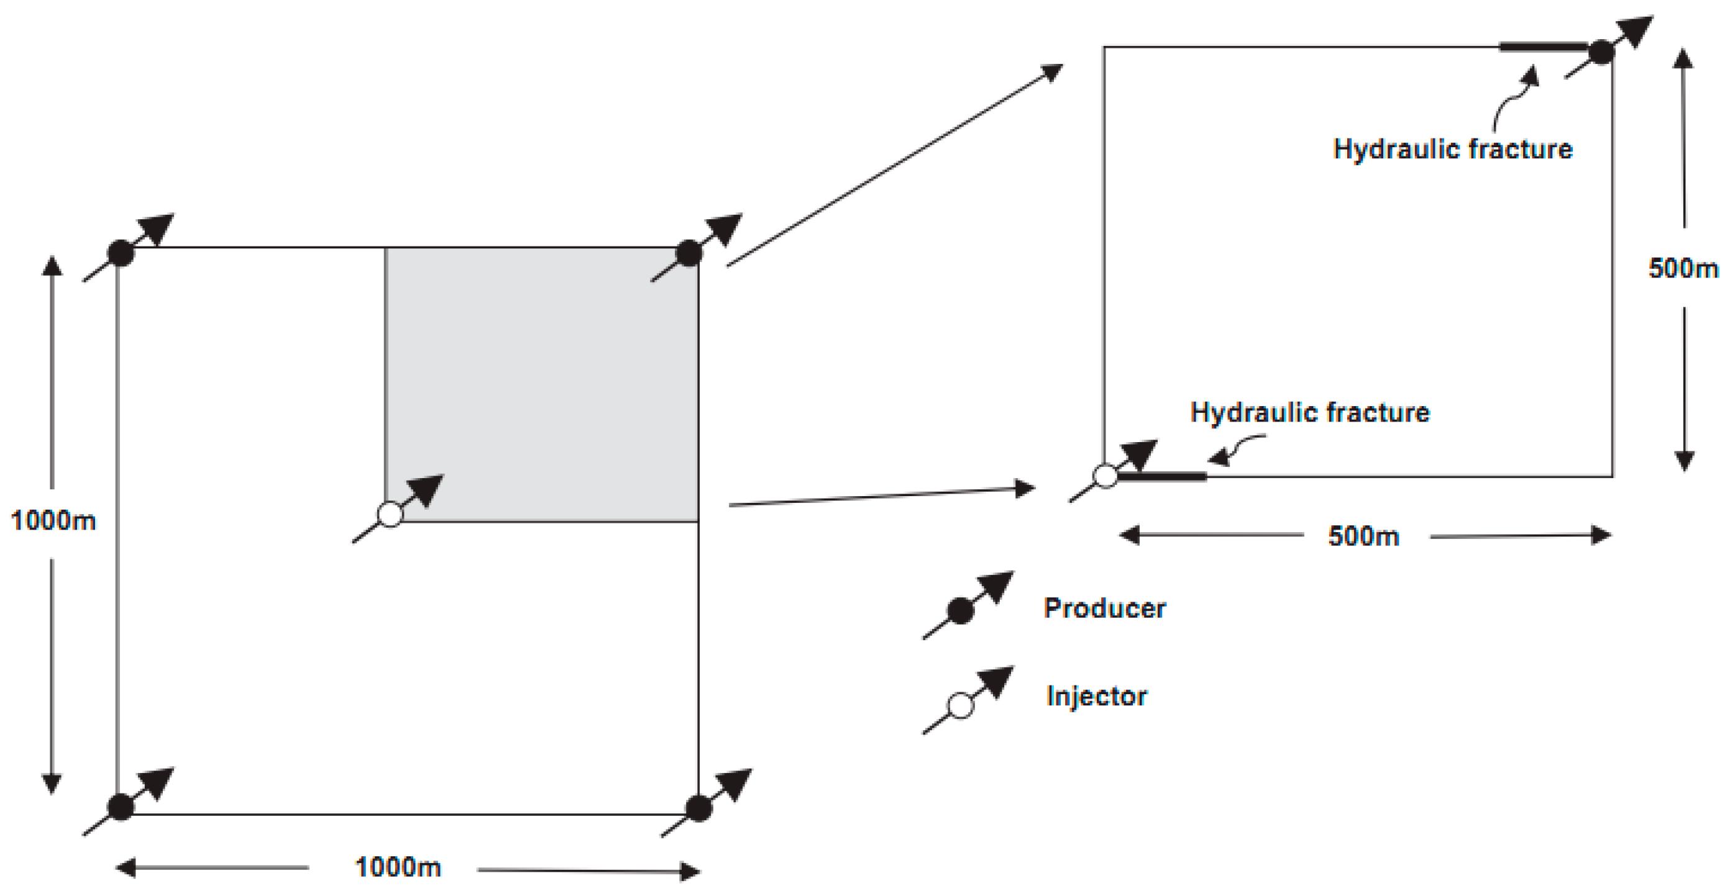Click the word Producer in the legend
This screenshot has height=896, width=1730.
[x=1104, y=608]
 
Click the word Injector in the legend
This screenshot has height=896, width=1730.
[x=1096, y=696]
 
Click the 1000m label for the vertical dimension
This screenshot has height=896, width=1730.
[x=53, y=521]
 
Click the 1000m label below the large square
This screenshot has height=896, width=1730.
[x=397, y=867]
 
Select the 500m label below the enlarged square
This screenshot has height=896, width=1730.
[x=1363, y=536]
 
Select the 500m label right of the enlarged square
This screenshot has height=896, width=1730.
[x=1682, y=268]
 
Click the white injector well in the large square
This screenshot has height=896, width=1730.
[x=390, y=514]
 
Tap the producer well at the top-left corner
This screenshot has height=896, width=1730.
[x=121, y=253]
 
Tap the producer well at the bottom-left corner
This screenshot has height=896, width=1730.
[x=121, y=807]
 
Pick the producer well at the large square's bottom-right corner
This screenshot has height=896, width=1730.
[x=698, y=808]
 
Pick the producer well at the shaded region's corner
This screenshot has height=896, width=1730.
[x=689, y=253]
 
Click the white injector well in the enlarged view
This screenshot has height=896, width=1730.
[x=1105, y=476]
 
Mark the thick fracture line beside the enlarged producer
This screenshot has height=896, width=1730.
[x=1544, y=47]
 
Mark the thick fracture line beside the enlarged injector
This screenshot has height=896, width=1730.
[x=1162, y=476]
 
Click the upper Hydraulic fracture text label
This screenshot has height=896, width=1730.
[x=1452, y=149]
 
